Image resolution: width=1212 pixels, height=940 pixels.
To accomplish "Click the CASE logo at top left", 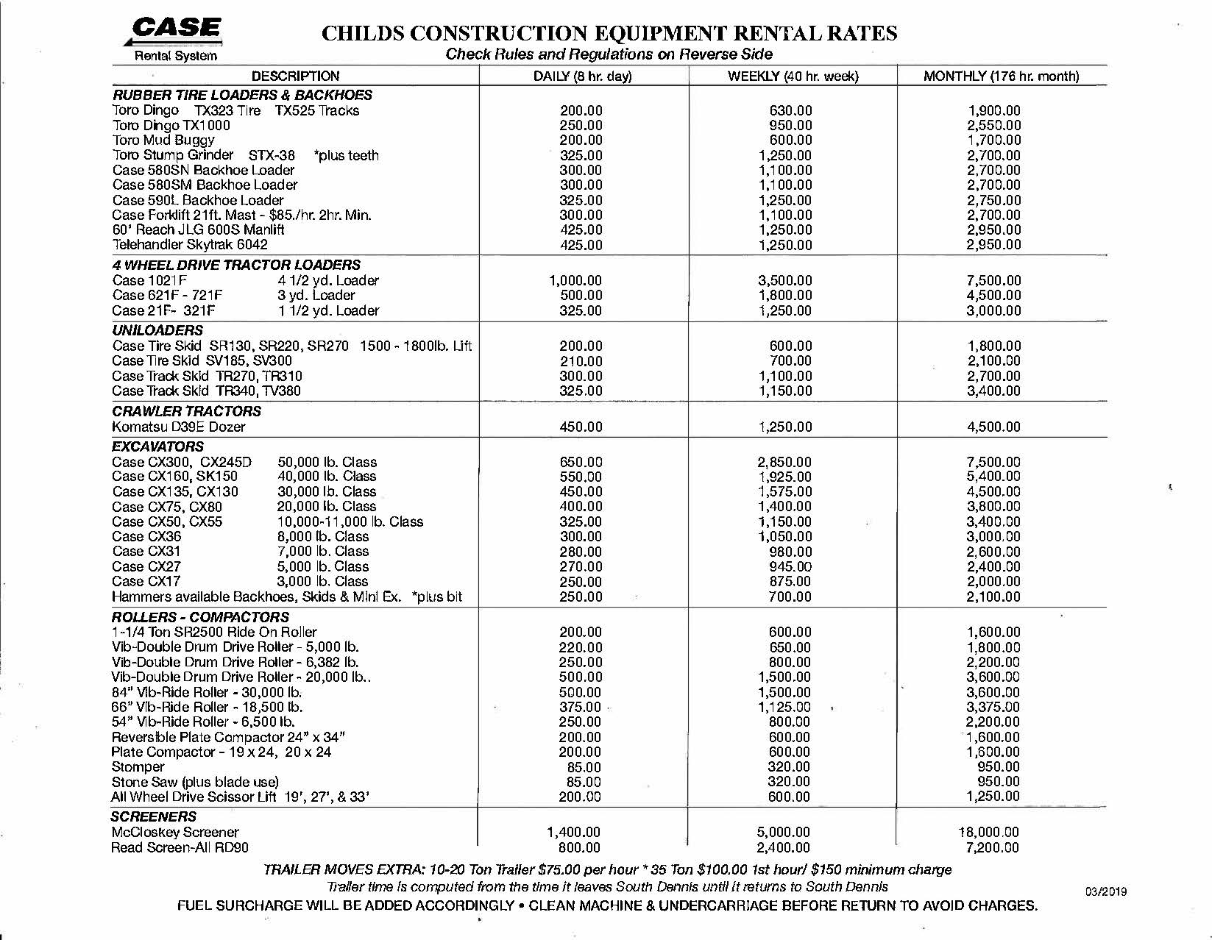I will (x=176, y=29).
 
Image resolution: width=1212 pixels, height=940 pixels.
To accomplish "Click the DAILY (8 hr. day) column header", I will (x=582, y=76).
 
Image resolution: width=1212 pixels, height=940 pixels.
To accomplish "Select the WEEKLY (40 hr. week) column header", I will (x=793, y=76).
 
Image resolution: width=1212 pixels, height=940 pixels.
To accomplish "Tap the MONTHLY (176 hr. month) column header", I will (x=1001, y=76).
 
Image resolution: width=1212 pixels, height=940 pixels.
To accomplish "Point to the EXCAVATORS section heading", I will (x=157, y=446).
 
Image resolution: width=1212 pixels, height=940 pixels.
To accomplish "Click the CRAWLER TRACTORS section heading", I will (x=186, y=411).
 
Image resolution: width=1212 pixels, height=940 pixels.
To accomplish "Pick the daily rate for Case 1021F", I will (x=575, y=280).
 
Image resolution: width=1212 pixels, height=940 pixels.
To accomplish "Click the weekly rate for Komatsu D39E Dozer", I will (x=785, y=427).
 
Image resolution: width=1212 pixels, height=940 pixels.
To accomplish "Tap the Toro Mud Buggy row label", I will (x=163, y=140).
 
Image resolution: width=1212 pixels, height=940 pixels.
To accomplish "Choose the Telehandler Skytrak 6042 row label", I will (x=190, y=244).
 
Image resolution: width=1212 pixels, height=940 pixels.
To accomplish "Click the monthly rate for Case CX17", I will (x=993, y=581).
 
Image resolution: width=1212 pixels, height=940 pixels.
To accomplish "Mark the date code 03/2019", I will (x=1105, y=892).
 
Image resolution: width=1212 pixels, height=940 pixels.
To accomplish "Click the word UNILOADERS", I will (x=157, y=330).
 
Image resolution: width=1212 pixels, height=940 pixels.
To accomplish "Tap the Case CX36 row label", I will (x=146, y=536).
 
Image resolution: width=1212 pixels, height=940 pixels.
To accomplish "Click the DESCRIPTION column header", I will (x=295, y=76).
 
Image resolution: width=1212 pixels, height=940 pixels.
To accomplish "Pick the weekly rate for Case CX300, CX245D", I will (x=784, y=462).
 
